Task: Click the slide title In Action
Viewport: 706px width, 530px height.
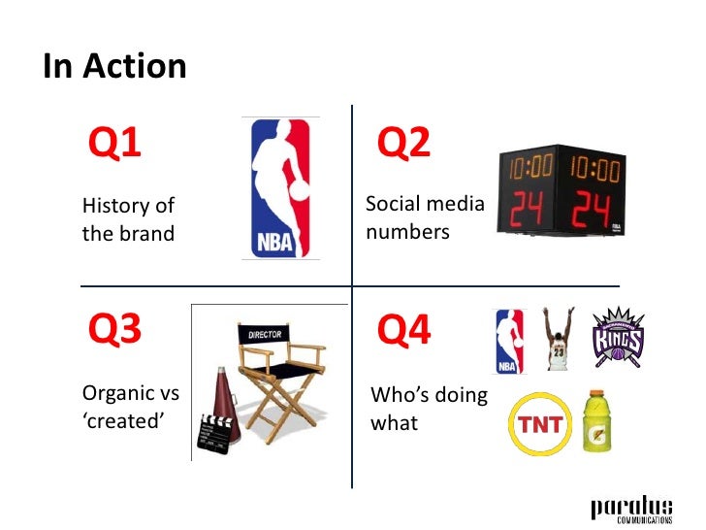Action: coord(114,67)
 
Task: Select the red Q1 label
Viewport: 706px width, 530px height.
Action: coord(114,144)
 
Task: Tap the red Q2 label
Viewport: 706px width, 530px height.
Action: coord(402,144)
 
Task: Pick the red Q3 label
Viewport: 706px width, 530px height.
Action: coord(114,331)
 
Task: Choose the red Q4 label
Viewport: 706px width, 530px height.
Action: coord(402,331)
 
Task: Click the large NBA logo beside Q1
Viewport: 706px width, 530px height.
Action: coord(278,188)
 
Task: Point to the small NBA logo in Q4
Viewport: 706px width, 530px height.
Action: coord(508,341)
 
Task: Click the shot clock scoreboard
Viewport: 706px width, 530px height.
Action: coord(560,191)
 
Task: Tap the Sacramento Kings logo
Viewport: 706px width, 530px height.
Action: coord(617,337)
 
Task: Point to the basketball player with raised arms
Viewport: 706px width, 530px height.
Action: coord(556,341)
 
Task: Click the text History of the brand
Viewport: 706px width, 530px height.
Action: coord(128,219)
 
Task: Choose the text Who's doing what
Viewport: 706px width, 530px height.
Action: coord(428,411)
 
